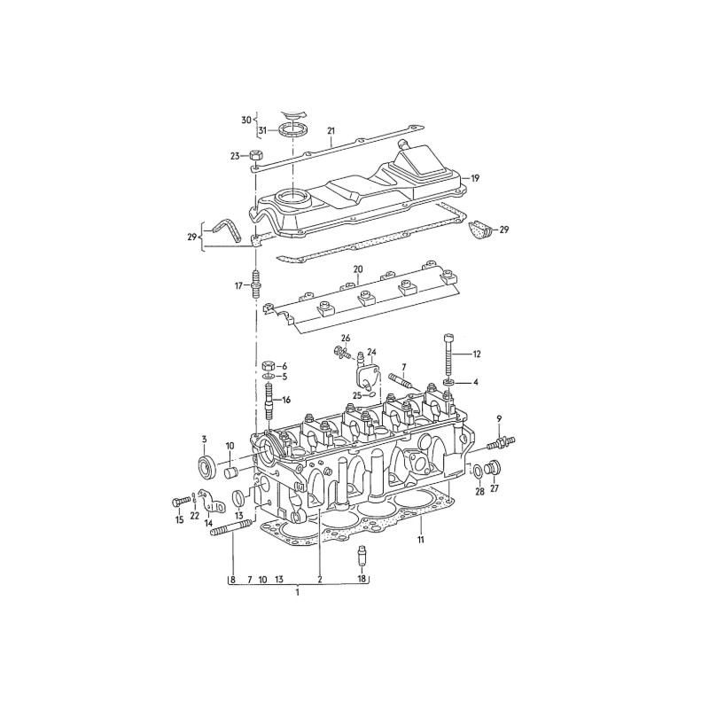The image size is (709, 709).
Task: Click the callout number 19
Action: coord(475,178)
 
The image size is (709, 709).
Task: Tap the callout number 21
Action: coord(331,131)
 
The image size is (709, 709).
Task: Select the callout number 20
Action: coord(357,269)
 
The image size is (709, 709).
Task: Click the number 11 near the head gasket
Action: coord(421,539)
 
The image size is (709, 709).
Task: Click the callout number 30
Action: coord(246,119)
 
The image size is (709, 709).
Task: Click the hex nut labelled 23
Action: coord(254,155)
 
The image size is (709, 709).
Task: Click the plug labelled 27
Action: coord(495,468)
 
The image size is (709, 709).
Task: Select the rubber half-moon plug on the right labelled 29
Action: coord(484,231)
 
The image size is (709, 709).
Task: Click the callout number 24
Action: coord(372,352)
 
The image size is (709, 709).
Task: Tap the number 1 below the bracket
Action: coord(298,592)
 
